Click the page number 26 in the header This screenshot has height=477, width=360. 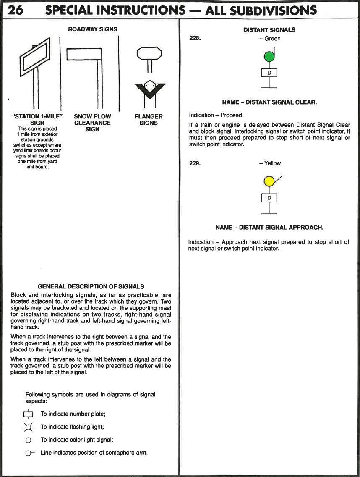pyautogui.click(x=16, y=10)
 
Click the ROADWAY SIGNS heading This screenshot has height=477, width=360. pyautogui.click(x=93, y=29)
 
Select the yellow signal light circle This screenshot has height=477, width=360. pyautogui.click(x=268, y=181)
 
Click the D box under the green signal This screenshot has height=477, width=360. pyautogui.click(x=269, y=73)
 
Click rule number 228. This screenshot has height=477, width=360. pyautogui.click(x=196, y=39)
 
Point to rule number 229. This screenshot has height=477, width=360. pyautogui.click(x=196, y=163)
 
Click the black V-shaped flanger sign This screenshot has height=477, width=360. pyautogui.click(x=149, y=88)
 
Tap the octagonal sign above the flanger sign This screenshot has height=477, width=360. pyautogui.click(x=149, y=53)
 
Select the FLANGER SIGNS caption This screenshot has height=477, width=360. pyautogui.click(x=149, y=120)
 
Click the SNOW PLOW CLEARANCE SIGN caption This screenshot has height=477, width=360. pyautogui.click(x=92, y=123)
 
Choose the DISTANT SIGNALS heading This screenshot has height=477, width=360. pyautogui.click(x=269, y=30)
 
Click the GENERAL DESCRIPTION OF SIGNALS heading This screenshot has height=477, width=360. pyautogui.click(x=91, y=286)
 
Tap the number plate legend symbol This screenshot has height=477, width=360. pyautogui.click(x=28, y=414)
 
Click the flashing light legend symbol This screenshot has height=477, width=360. pyautogui.click(x=28, y=427)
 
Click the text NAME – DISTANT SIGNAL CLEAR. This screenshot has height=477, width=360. pyautogui.click(x=269, y=102)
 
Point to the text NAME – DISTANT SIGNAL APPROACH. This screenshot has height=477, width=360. pyautogui.click(x=269, y=227)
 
